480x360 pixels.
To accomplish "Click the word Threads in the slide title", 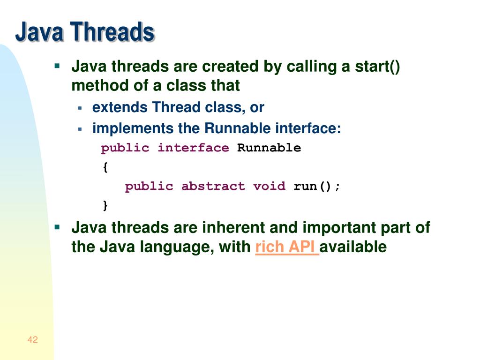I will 112,32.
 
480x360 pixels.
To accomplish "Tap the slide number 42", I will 32,340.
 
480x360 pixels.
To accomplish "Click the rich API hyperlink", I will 287,247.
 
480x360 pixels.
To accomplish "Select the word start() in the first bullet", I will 378,67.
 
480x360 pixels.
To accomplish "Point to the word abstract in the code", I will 213,186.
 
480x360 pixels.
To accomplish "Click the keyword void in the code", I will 269,186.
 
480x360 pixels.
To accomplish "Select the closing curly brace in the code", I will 105,205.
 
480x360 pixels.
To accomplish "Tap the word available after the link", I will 354,247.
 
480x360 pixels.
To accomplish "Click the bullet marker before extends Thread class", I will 80,108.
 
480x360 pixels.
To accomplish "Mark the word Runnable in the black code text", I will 269,148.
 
